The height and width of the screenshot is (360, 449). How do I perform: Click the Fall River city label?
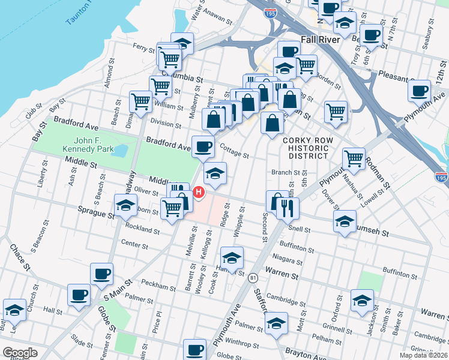(321, 40)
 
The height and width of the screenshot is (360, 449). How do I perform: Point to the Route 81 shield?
(253, 278)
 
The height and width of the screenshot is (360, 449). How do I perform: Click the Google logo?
(20, 353)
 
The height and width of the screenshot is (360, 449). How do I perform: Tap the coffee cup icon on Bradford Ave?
(203, 146)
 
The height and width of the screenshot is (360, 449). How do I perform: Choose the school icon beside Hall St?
(14, 309)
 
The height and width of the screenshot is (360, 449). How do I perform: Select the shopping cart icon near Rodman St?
(354, 158)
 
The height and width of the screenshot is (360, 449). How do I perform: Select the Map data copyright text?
(423, 355)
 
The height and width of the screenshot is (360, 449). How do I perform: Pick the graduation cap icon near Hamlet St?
(232, 257)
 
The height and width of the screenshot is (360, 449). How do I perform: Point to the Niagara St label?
(286, 259)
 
